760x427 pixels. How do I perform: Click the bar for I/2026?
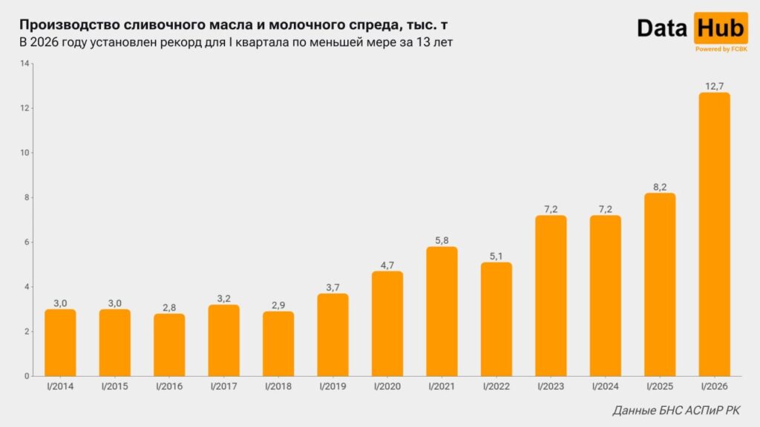tap(714, 234)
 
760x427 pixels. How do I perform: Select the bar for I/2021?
tap(442, 311)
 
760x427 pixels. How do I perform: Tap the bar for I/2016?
tap(169, 345)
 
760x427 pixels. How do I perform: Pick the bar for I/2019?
tap(332, 335)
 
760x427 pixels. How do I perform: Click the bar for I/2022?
tap(497, 319)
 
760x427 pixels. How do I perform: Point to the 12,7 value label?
tap(714, 87)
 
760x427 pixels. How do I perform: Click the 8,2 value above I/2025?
tap(660, 187)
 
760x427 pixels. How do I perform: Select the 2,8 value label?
tap(169, 308)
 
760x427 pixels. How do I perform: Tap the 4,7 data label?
tap(387, 265)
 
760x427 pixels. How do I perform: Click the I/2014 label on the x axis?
tap(60, 387)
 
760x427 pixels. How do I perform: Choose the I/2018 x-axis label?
tap(278, 387)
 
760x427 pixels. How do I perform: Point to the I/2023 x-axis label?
tap(551, 387)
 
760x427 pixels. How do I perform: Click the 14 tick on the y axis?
tap(24, 64)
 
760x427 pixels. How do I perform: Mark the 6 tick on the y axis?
tap(26, 242)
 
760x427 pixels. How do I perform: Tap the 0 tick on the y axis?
tap(26, 376)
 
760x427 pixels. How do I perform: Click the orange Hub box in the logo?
tap(721, 28)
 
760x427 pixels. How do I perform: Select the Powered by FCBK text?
tap(721, 49)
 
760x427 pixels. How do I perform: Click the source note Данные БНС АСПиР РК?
tap(676, 411)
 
